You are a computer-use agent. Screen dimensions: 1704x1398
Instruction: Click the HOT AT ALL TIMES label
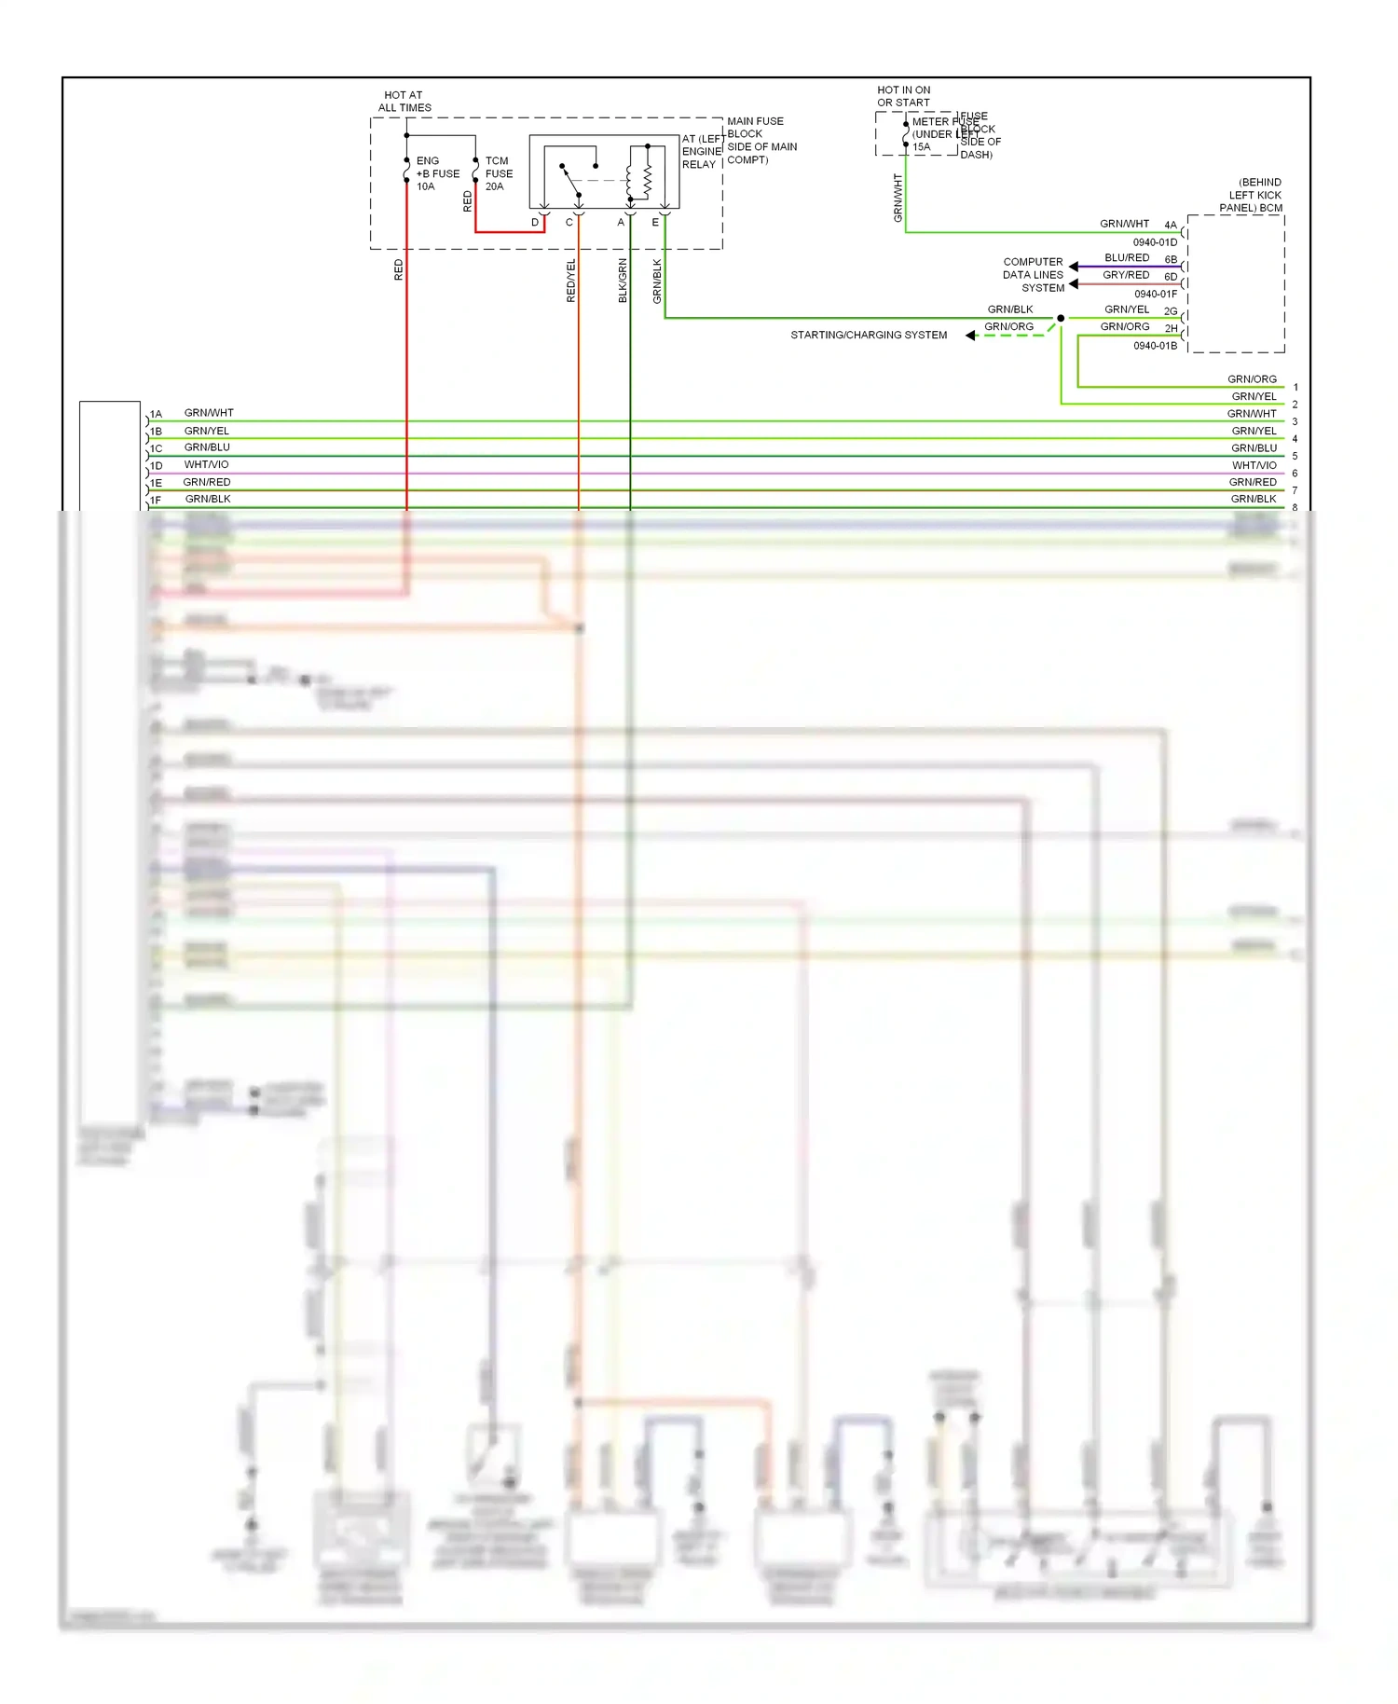click(x=404, y=102)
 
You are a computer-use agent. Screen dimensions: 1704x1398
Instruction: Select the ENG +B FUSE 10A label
click(x=436, y=173)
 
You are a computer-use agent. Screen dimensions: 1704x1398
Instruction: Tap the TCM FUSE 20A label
click(x=499, y=173)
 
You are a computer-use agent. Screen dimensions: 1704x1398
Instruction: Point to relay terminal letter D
click(x=535, y=223)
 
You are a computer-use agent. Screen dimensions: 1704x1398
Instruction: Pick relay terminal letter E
click(x=655, y=223)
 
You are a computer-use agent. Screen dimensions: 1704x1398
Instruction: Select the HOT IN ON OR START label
click(x=903, y=97)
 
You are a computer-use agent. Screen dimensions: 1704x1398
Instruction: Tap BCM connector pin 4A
click(x=1171, y=226)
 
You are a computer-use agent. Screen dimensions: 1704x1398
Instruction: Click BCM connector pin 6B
click(x=1171, y=260)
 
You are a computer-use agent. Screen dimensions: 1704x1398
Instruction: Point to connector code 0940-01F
click(x=1155, y=295)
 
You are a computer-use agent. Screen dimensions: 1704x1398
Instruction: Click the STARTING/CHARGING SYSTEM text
click(x=869, y=336)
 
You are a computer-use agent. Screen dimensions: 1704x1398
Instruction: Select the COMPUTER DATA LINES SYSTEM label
click(x=1034, y=275)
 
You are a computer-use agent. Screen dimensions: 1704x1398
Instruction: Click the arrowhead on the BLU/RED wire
click(x=1074, y=267)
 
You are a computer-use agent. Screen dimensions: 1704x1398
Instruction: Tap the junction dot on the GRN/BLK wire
click(x=1061, y=318)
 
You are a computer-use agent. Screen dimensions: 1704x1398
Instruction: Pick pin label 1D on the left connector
click(x=157, y=466)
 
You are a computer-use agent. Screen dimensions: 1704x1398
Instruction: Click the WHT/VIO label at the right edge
click(x=1254, y=465)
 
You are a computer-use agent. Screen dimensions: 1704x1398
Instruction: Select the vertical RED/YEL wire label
click(x=571, y=280)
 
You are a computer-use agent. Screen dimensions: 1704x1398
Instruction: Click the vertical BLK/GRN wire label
click(x=623, y=280)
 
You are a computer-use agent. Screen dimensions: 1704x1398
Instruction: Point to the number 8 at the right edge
click(x=1295, y=508)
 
